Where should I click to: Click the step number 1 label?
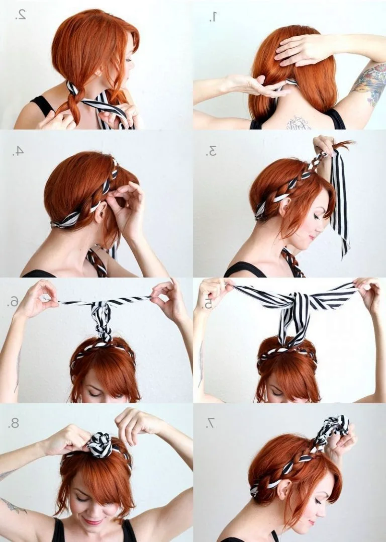(x=213, y=16)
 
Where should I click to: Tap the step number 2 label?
(x=21, y=14)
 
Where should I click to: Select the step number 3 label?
(x=211, y=151)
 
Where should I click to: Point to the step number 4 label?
(x=18, y=151)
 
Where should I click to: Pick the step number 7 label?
(x=210, y=423)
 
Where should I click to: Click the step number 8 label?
(x=14, y=423)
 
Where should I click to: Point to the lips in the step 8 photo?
(x=92, y=521)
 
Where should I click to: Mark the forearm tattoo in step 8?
(x=14, y=506)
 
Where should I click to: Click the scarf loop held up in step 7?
(x=331, y=434)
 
